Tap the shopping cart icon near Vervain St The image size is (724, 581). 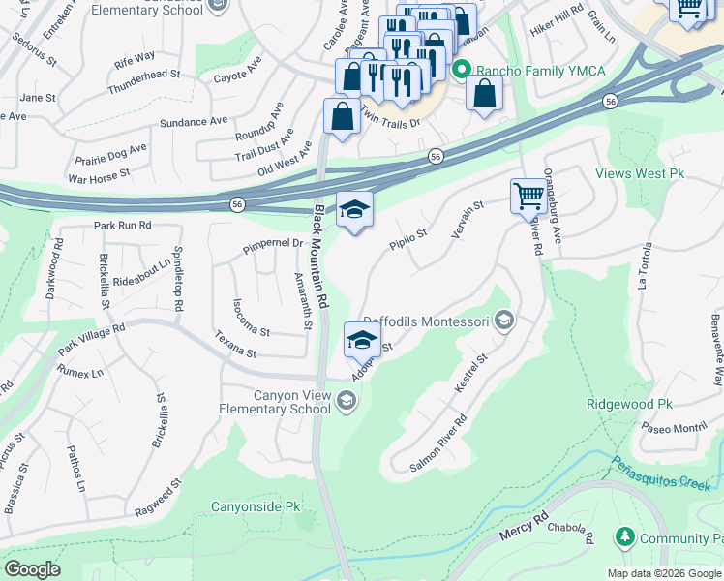point(528,195)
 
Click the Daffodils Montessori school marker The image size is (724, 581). point(503,320)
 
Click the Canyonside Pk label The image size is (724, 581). point(256,506)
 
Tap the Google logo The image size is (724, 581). point(31,569)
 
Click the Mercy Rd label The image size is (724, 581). point(524,527)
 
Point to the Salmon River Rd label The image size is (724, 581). point(438,443)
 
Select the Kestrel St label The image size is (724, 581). point(471,374)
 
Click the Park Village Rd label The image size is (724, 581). point(91,338)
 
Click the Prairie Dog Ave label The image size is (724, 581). point(110,154)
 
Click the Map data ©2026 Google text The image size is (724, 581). point(663,573)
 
